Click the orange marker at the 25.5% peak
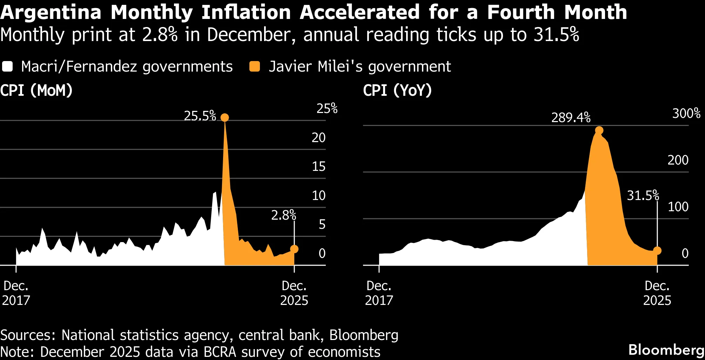click(x=224, y=118)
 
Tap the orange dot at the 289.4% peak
click(x=599, y=131)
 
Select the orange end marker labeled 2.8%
click(x=294, y=249)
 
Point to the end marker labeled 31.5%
click(x=657, y=251)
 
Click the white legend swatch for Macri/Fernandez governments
click(x=7, y=66)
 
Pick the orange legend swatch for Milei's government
click(x=255, y=66)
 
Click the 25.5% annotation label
click(x=200, y=116)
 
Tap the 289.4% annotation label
click(x=571, y=118)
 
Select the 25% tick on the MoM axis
click(x=327, y=109)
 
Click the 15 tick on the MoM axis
click(x=318, y=167)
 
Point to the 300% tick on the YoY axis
click(x=686, y=113)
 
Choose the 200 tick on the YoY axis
click(x=678, y=160)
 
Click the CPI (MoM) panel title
click(x=36, y=91)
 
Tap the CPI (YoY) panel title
click(x=397, y=91)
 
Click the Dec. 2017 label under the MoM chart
click(x=16, y=293)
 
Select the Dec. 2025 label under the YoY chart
click(x=657, y=293)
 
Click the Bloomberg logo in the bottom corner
click(x=666, y=350)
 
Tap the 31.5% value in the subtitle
click(x=556, y=35)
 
